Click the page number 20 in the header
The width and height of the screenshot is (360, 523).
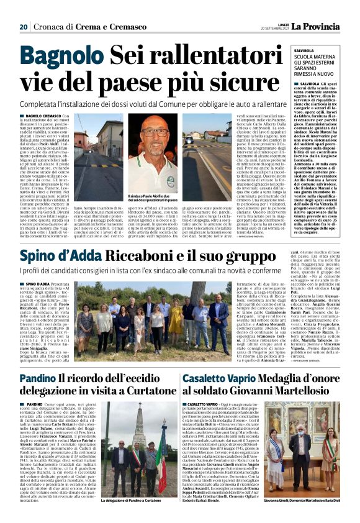point(23,27)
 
